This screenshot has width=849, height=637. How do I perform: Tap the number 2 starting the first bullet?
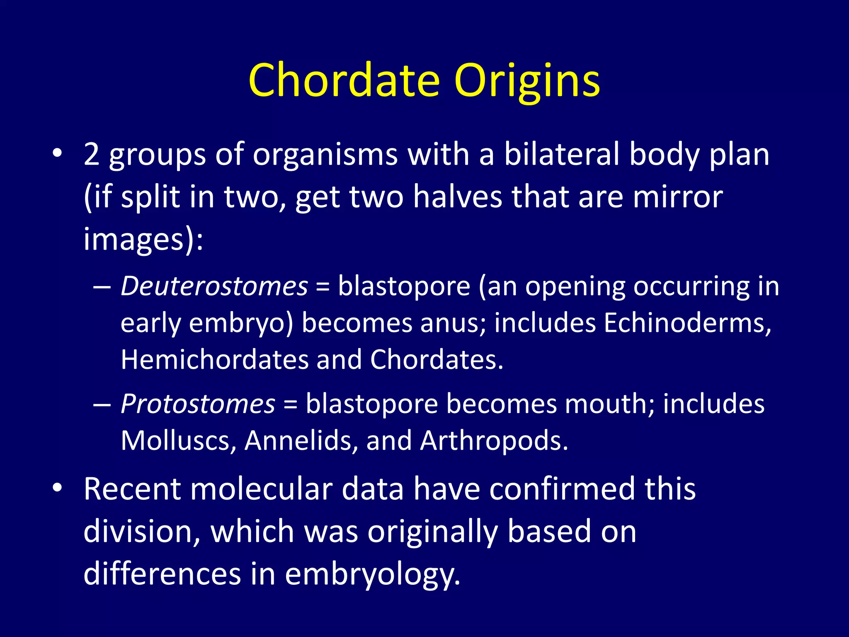[91, 154]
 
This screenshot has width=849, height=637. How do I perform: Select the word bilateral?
[561, 154]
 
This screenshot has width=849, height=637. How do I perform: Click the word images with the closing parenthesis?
[143, 239]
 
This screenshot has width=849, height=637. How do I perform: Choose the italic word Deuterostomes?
[214, 286]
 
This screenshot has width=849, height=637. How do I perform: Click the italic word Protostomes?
[198, 404]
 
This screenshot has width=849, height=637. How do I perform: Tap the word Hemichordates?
[214, 359]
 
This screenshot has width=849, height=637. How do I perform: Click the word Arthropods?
[493, 440]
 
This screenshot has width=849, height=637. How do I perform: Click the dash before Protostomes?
[102, 404]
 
